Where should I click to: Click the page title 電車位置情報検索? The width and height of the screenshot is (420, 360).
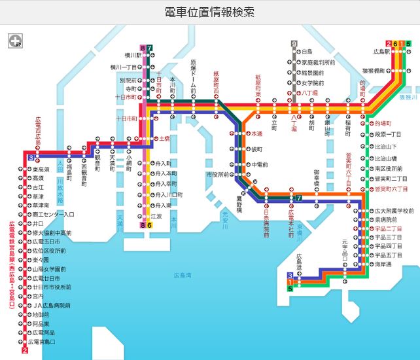click(209, 12)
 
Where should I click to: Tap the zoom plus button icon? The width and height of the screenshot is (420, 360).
click(14, 41)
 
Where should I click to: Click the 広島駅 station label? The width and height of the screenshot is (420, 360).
click(381, 51)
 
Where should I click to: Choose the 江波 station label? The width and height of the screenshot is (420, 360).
click(156, 215)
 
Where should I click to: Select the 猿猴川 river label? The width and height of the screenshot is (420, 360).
click(408, 97)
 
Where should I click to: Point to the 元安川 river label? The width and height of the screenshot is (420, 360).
click(224, 215)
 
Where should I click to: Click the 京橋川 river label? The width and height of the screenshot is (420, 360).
click(299, 230)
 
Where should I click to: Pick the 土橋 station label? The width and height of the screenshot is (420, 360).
click(164, 139)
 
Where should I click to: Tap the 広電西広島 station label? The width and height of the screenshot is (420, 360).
click(37, 134)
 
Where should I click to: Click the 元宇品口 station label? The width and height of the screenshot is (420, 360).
click(345, 250)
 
